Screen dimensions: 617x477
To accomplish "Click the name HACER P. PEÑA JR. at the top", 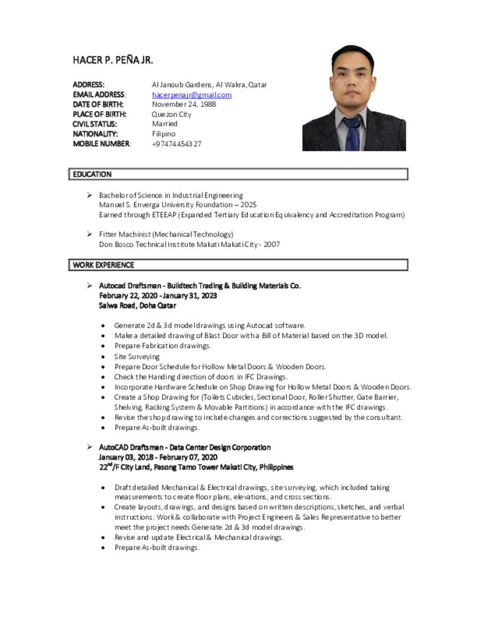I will coord(113,60).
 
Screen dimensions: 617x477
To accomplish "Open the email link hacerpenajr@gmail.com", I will coord(192,95).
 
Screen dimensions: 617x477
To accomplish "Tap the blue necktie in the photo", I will coord(352,134).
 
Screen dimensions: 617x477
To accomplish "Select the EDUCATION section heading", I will coord(92,174).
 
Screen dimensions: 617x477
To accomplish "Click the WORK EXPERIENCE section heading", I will coord(104,265).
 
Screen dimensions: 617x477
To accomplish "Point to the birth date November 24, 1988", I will coord(184,104).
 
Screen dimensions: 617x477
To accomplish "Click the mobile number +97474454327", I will coord(177,143).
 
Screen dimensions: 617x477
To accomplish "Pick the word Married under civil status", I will coord(165,124).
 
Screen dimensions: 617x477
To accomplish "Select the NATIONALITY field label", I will coord(95,134).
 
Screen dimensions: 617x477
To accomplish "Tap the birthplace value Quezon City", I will coord(171,114).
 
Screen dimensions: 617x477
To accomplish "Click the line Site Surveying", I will coord(137,356).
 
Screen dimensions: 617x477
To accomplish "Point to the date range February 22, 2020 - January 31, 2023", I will coord(158,295).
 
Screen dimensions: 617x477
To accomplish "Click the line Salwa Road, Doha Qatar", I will coord(137,305).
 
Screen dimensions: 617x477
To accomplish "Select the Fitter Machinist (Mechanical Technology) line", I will coord(166,234).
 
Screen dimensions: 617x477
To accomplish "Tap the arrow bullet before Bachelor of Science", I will coord(89,195).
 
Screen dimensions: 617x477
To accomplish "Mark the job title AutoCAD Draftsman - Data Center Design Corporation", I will coord(185,447).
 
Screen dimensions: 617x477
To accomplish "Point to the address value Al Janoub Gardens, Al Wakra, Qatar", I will coord(209,84).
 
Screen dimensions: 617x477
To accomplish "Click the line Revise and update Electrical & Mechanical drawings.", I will coord(199,537).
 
